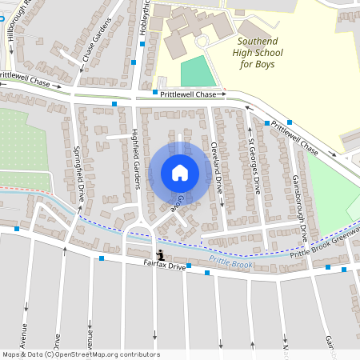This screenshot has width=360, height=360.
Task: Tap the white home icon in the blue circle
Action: click(180, 173)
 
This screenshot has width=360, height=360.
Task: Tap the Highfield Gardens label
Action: click(136, 160)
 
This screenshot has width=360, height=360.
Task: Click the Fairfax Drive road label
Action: click(165, 264)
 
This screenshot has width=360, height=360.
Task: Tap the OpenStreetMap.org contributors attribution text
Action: click(103, 354)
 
